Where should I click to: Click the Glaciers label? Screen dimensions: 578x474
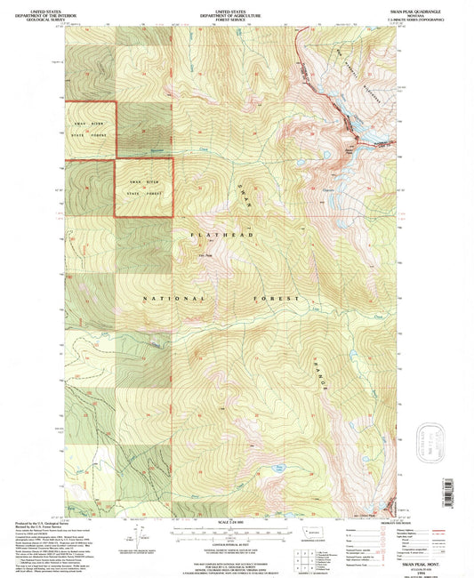click(x=318, y=189)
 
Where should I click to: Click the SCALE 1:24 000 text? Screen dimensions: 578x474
click(x=236, y=520)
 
